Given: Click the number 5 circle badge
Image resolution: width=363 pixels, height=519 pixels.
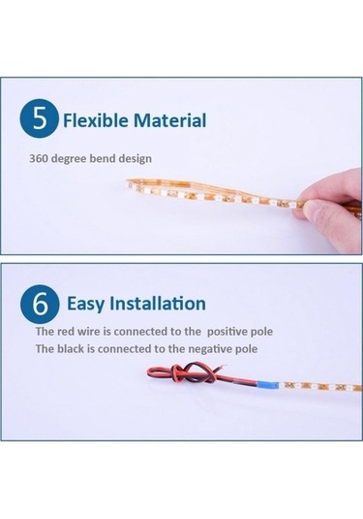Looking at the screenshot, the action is click(40, 118).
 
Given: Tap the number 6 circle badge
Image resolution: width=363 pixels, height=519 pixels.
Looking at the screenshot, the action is click(40, 304).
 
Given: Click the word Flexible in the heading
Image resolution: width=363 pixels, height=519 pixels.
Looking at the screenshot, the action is click(96, 120).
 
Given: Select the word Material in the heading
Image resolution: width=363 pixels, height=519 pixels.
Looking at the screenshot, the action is click(169, 120).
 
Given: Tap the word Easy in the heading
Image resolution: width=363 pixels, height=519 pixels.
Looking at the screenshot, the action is click(85, 304).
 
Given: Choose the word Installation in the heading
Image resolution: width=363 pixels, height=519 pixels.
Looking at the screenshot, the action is click(158, 304).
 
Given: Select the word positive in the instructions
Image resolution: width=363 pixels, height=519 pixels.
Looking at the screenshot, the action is click(228, 332).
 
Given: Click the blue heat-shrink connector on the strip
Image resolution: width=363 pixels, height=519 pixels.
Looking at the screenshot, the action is click(267, 384).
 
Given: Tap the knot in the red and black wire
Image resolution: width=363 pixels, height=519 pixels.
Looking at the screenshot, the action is click(193, 372).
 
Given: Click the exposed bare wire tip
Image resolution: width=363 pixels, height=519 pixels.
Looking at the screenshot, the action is click(223, 367).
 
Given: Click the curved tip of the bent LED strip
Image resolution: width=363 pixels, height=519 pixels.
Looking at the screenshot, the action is click(128, 183).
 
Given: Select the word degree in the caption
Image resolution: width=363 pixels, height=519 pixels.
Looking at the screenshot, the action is click(70, 158).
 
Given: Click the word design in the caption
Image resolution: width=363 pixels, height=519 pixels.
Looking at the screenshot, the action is click(136, 158).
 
